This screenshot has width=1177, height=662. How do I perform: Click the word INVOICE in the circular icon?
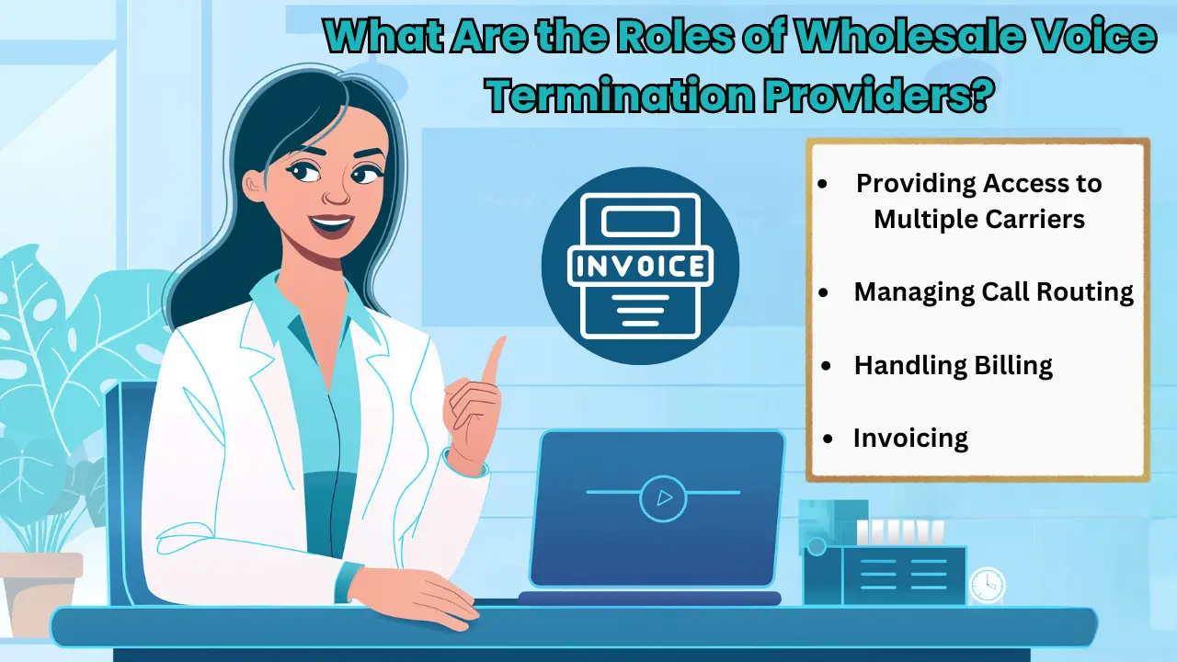click(x=640, y=267)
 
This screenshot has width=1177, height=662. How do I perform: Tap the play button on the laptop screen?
click(x=663, y=497)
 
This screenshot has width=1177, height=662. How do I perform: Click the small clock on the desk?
click(x=987, y=585)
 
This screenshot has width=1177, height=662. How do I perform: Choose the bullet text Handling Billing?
click(x=953, y=365)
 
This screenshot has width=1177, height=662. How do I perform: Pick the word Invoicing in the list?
click(x=910, y=438)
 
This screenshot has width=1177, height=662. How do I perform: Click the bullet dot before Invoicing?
click(x=830, y=439)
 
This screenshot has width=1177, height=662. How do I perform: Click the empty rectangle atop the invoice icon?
click(x=640, y=221)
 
